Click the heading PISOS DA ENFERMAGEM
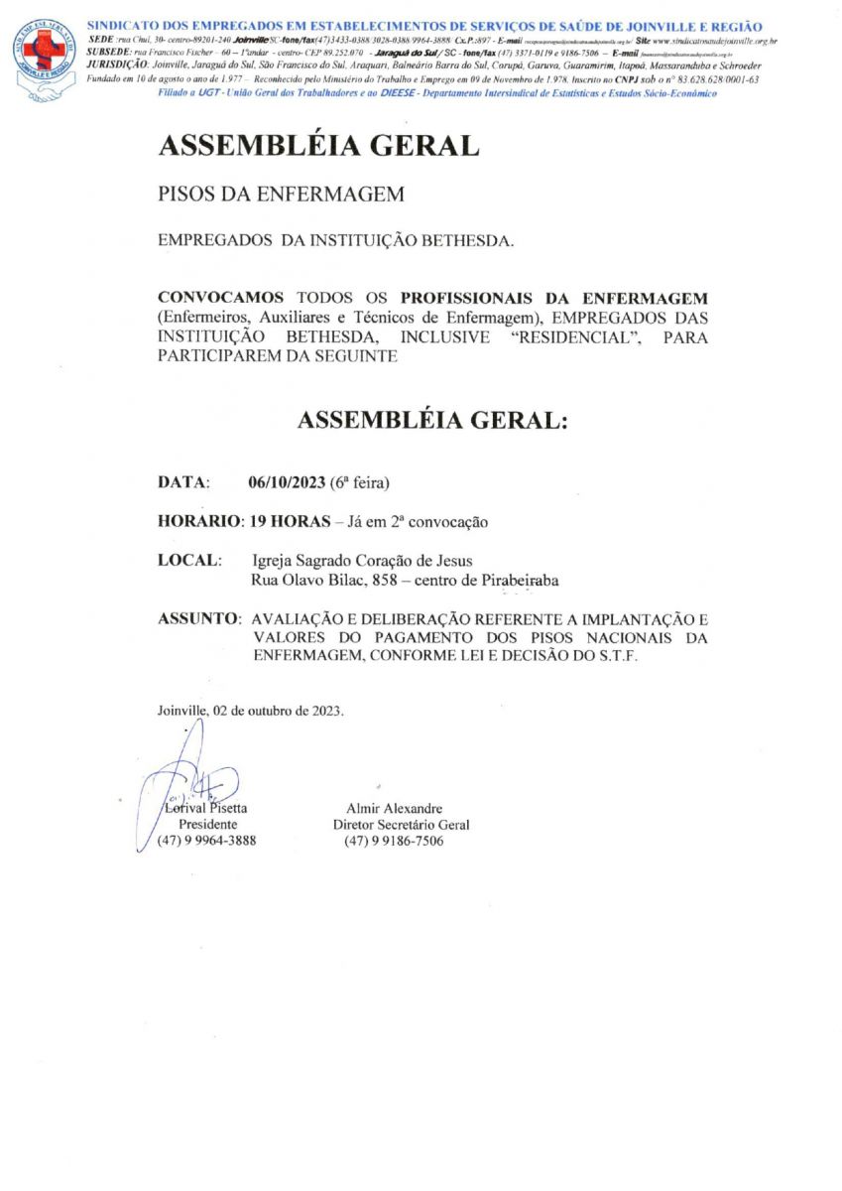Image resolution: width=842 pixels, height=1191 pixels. click(x=281, y=195)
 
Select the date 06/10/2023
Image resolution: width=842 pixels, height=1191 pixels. click(x=287, y=483)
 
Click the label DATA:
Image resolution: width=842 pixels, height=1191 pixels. click(x=183, y=483)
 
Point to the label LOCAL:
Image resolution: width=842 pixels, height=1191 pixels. click(x=189, y=560)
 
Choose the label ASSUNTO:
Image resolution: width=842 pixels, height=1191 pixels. click(x=198, y=618)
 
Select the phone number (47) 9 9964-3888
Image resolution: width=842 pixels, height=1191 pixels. click(x=206, y=841)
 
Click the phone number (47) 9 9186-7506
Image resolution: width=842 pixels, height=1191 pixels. click(x=394, y=841)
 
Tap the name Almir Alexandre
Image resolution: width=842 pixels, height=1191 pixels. click(x=394, y=808)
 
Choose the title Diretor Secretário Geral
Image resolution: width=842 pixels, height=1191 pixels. click(x=401, y=824)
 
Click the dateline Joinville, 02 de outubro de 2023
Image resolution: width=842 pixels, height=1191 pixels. click(x=250, y=711)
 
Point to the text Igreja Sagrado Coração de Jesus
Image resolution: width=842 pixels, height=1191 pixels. click(x=355, y=561)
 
